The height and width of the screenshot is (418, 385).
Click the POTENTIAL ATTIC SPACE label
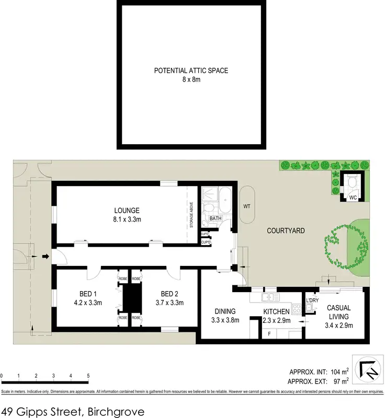coord(190,71)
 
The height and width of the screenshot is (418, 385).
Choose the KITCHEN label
coord(276,312)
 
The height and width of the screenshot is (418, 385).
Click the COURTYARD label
coord(286,230)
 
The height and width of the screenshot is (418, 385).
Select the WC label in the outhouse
coord(353,198)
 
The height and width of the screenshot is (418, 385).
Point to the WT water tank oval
coord(247,206)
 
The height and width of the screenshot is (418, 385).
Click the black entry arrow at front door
coord(45,257)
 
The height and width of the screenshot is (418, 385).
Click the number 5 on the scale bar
coord(88,376)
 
